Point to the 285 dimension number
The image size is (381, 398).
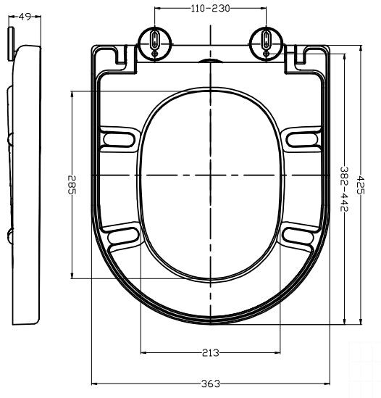pos(71,186)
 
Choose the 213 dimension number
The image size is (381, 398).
pos(212,353)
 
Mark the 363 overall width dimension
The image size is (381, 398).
pos(211,383)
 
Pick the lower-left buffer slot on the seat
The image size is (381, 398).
pos(121,236)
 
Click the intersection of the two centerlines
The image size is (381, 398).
pos(211,176)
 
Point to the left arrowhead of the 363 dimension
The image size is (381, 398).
pos(95,383)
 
